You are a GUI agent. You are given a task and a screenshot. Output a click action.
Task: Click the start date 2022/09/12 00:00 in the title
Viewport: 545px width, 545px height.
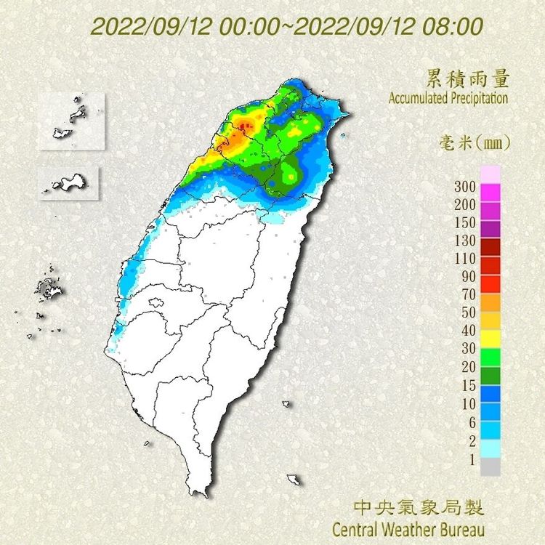(x=185, y=27)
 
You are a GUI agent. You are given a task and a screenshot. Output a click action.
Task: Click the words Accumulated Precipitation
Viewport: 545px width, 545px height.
(x=448, y=98)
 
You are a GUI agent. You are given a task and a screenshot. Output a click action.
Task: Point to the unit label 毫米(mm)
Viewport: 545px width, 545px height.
(x=475, y=142)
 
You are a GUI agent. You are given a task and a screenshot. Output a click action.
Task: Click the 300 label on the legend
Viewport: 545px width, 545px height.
(x=464, y=187)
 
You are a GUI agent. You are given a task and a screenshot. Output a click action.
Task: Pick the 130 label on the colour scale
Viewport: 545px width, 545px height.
(x=464, y=241)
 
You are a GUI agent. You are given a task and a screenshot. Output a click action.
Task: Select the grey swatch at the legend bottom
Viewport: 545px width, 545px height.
(x=490, y=467)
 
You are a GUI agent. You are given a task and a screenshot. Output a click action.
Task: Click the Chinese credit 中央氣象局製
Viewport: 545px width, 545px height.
(x=418, y=506)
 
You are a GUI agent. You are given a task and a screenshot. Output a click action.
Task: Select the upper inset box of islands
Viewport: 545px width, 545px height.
(x=72, y=121)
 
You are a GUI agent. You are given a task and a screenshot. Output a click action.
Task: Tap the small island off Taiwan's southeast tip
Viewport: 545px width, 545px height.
(x=294, y=480)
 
